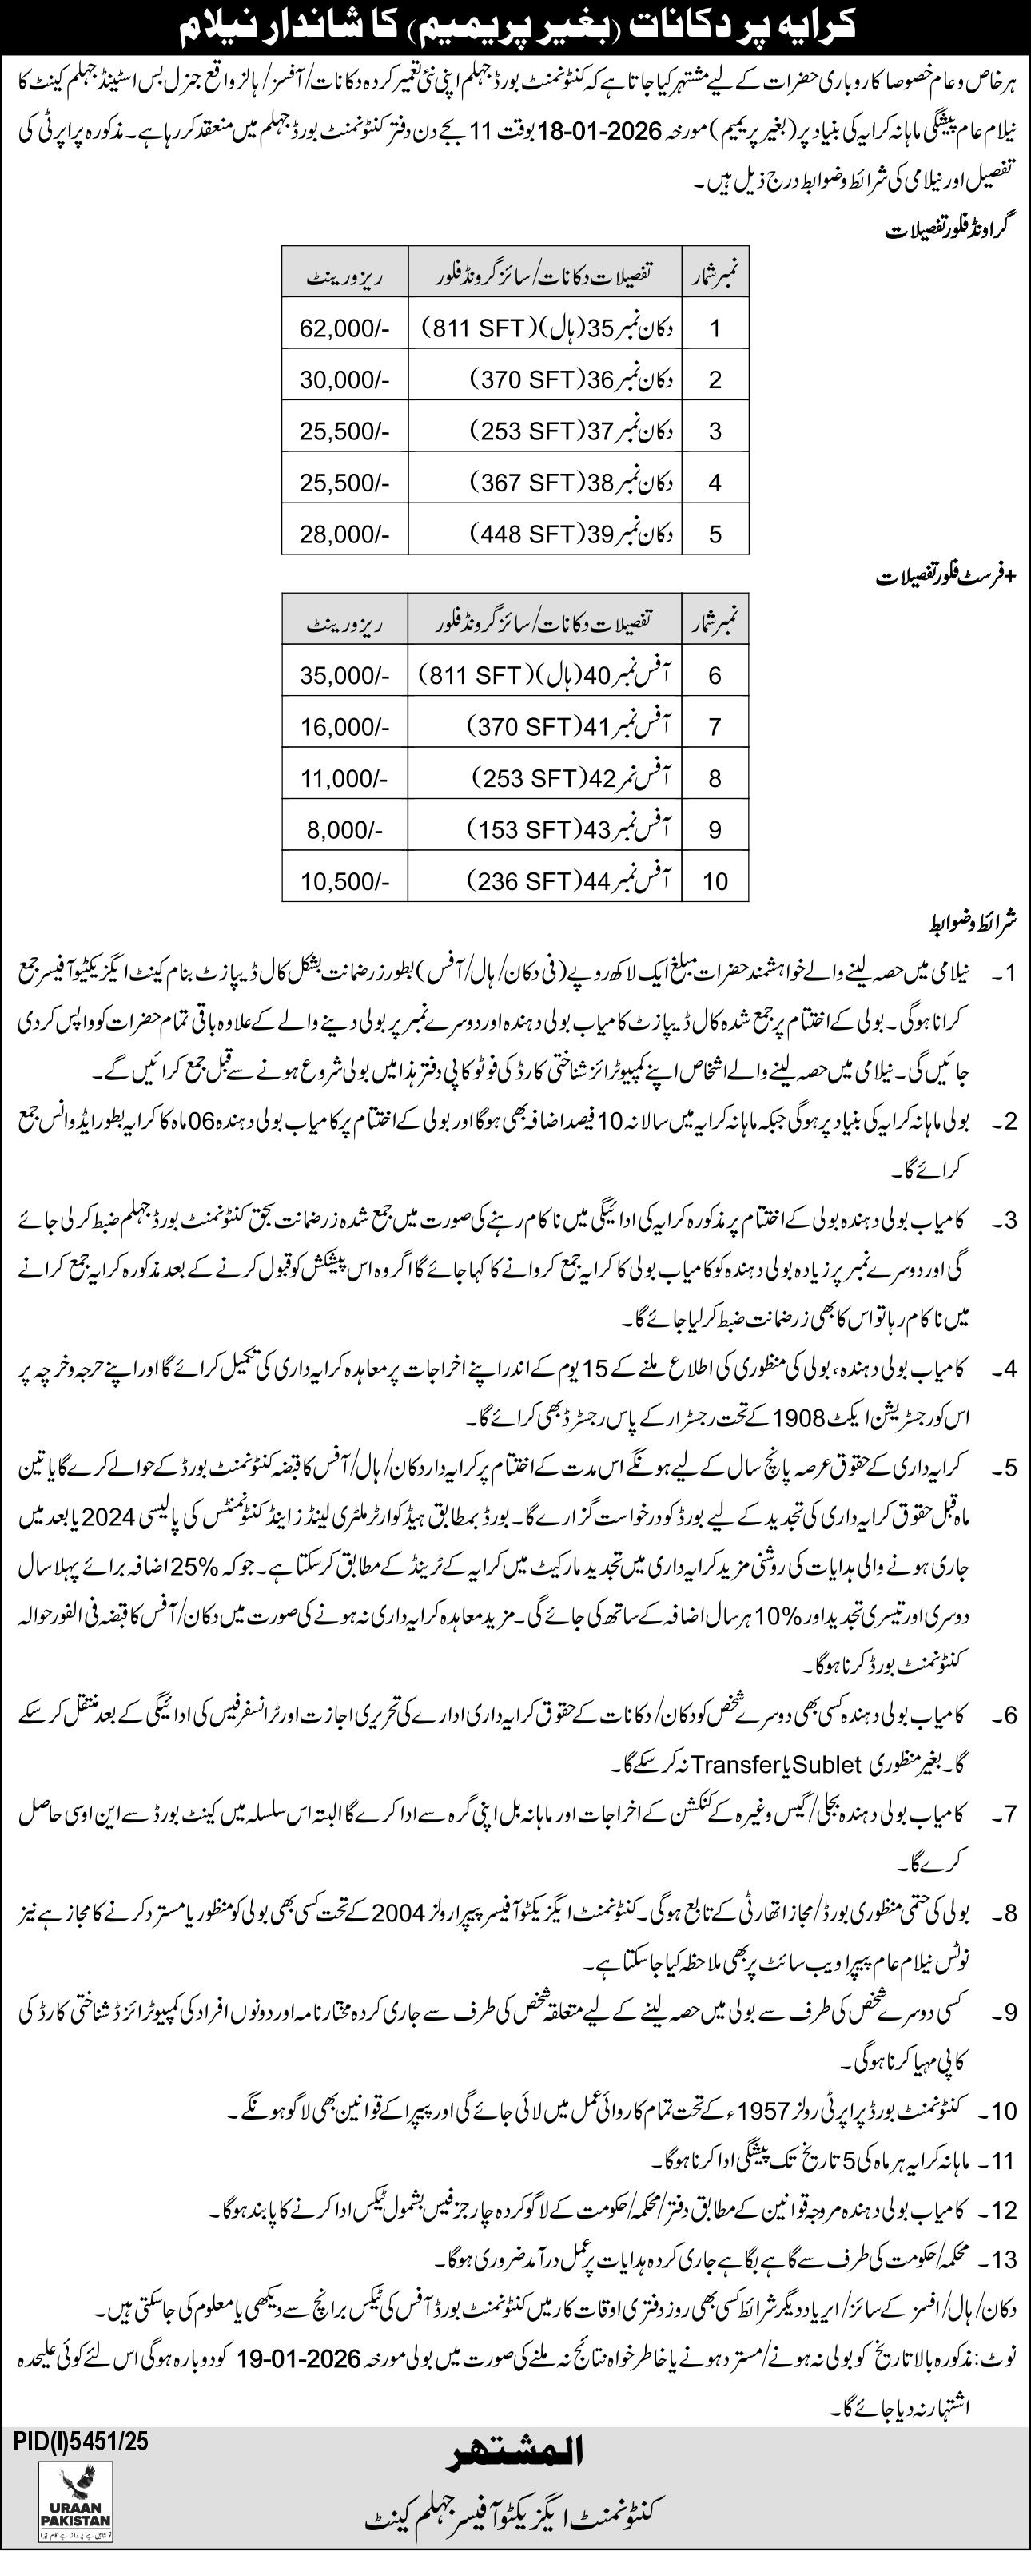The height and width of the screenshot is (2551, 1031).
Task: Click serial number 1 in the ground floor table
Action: click(715, 326)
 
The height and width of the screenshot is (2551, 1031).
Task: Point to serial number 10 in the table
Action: click(715, 880)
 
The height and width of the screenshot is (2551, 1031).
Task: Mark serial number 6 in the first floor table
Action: click(715, 674)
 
